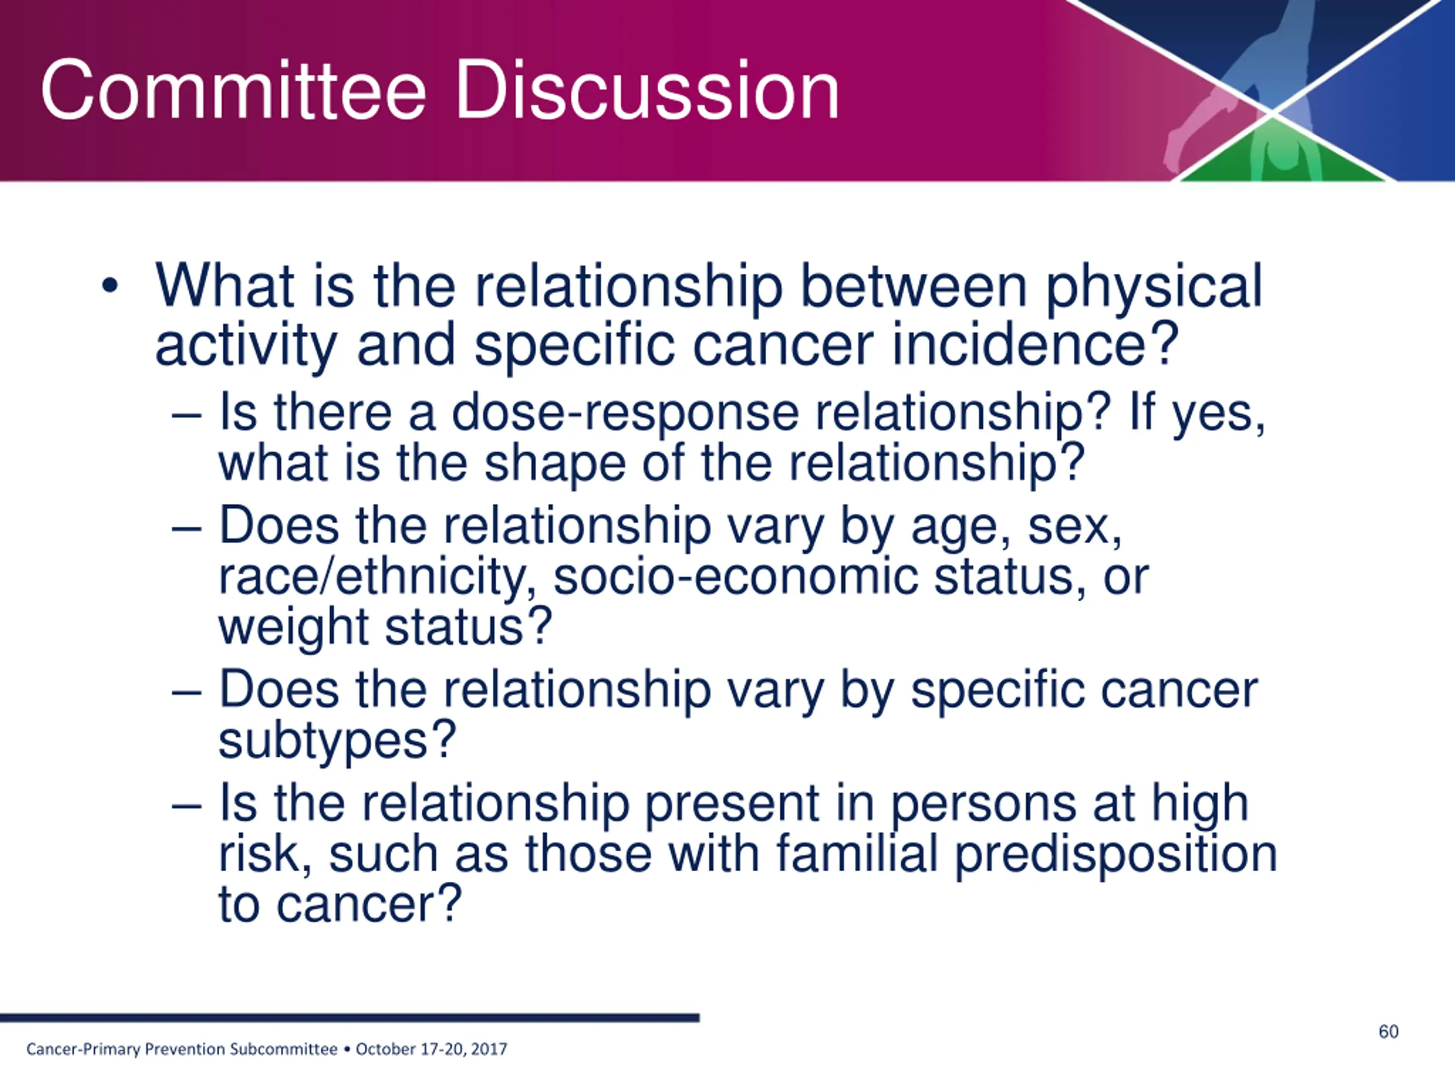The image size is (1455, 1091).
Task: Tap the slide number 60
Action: click(x=1389, y=1031)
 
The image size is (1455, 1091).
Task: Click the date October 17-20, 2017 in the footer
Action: click(x=431, y=1049)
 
